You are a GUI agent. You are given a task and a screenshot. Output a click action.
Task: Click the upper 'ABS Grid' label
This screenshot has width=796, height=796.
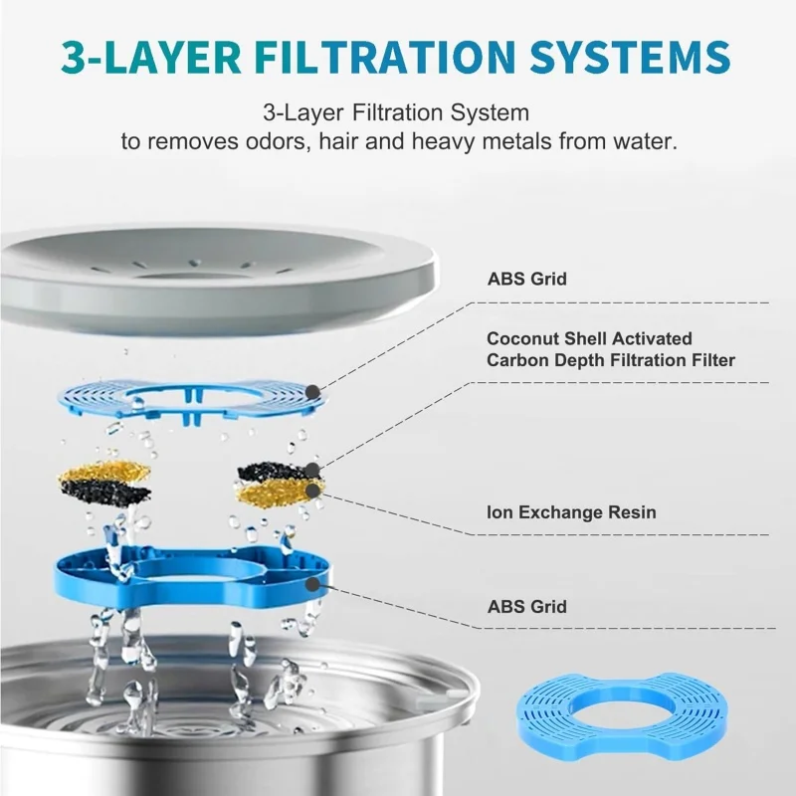tap(527, 279)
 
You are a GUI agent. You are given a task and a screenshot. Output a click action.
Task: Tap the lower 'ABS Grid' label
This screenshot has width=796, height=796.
tap(527, 607)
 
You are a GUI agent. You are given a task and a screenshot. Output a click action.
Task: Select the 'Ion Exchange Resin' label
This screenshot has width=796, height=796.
tap(571, 512)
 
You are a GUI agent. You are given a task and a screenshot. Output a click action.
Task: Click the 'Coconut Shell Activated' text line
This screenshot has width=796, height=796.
tap(589, 338)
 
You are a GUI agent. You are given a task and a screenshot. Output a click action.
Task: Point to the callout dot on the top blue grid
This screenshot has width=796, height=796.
tap(313, 392)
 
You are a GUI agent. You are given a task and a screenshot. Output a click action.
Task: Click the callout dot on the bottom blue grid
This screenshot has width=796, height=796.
tap(312, 584)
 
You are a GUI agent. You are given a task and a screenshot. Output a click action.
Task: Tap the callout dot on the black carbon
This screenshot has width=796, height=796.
tap(312, 470)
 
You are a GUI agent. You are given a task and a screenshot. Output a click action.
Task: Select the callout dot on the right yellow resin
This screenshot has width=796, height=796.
tap(313, 491)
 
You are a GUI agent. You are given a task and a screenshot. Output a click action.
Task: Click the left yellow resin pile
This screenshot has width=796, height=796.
tap(105, 471)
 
